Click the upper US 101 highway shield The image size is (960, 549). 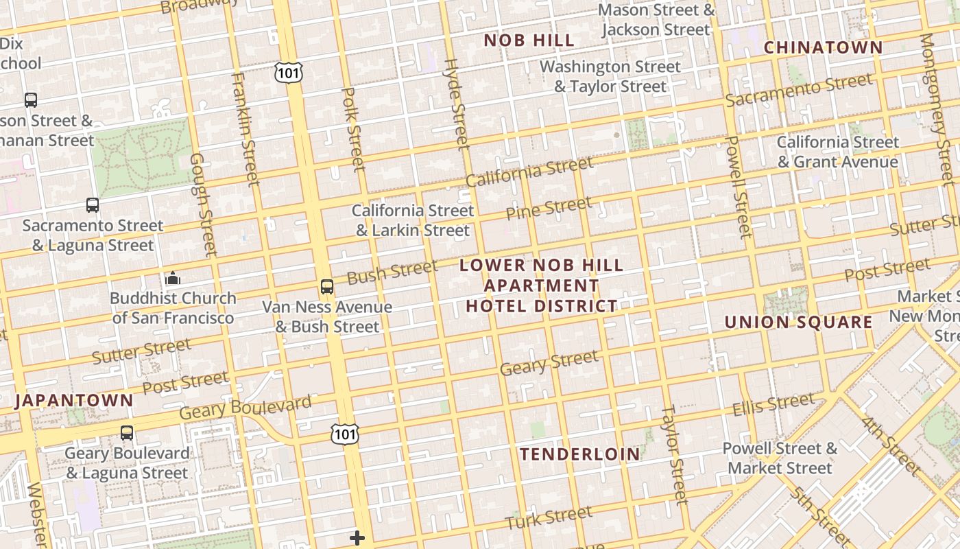coord(289,72)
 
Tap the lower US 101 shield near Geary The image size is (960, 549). coord(344,434)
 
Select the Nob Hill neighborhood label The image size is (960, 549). coord(529,40)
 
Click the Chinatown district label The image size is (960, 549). coord(823,47)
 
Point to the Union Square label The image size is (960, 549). coord(798,322)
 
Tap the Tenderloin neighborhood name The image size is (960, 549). coord(579,454)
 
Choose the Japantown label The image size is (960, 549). coord(74,401)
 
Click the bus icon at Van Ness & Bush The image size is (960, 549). coord(327,287)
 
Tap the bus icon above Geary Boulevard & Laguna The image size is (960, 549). coord(127,433)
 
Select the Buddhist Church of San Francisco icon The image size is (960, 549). coord(173,279)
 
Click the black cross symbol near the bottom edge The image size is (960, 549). coord(357,538)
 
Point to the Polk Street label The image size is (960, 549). coord(352,128)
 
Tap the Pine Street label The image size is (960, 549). coord(549,208)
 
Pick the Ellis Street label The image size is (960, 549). coord(773,404)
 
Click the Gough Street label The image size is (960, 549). coord(203,204)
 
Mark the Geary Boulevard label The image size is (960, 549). coord(245,408)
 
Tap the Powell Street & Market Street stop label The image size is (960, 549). coord(780,458)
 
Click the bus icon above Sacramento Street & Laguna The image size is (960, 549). coord(93,205)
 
